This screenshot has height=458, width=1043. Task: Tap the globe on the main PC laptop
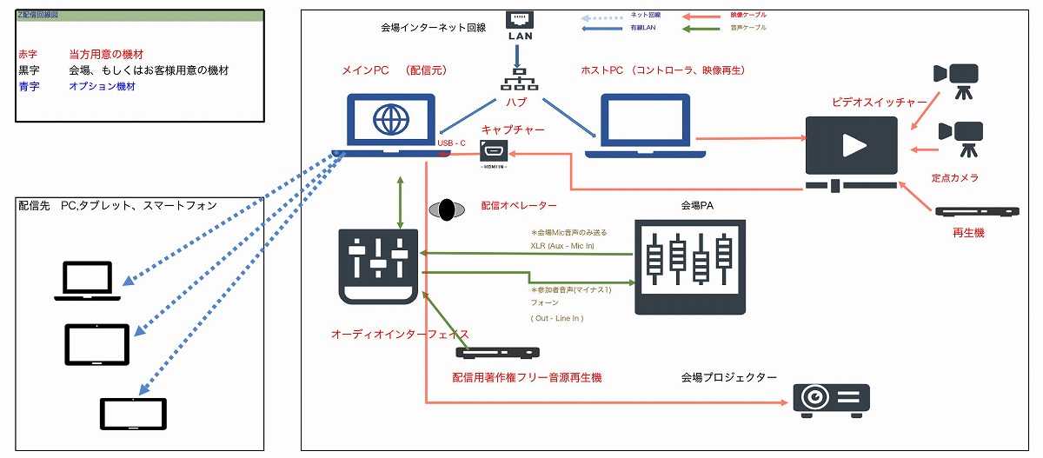coord(389,121)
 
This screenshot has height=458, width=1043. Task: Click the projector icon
coord(831,399)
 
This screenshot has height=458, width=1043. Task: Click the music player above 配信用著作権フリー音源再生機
coord(497,353)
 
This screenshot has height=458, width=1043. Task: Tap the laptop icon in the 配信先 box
coord(87,282)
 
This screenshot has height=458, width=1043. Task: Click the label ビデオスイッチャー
coord(879,103)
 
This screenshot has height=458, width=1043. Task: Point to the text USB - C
coord(452,143)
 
